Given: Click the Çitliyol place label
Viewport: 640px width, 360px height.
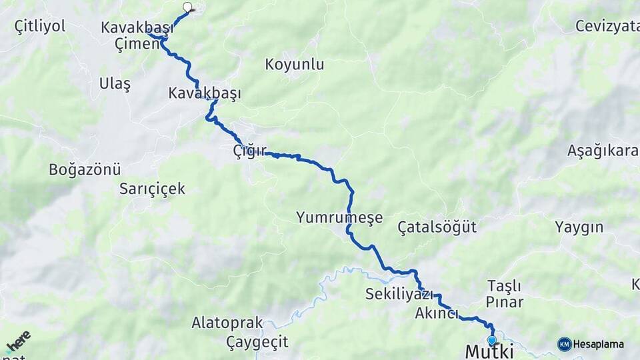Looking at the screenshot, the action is pos(40,26).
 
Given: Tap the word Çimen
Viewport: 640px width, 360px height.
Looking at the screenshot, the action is pos(137,44).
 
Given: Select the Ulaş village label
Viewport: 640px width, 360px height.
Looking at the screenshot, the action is pos(115,84).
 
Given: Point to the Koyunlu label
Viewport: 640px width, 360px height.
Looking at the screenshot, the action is pos(294,65).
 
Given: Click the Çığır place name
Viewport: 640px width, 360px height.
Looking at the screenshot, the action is pos(250,150).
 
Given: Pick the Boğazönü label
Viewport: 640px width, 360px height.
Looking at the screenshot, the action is pos(85,169).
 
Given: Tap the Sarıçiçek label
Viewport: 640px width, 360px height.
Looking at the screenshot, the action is pos(152,189).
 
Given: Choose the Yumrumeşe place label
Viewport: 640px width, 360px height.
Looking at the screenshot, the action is pos(339,217).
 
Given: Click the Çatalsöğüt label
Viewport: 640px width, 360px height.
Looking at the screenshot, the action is pos(437,227).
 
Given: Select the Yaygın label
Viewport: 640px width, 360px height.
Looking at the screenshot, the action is pos(579,227).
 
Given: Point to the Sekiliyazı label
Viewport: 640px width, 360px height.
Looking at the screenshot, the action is pos(399,294).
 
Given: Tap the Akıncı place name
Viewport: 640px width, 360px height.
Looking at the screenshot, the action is pos(436,313).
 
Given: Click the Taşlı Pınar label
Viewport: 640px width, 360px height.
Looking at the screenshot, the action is pos(504,293).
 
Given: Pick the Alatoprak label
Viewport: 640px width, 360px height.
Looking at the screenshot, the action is pos(227,323).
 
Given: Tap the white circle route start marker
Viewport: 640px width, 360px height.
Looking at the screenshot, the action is pos(187,8).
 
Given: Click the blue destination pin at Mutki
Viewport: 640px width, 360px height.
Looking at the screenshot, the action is pos(492,341).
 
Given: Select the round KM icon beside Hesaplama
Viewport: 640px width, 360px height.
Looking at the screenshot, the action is pos(564,344).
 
